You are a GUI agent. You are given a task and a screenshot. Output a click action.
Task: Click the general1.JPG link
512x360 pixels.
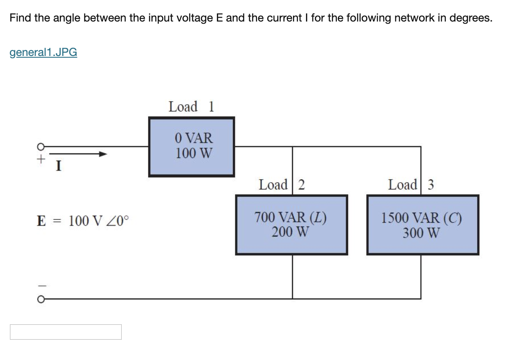pos(43,53)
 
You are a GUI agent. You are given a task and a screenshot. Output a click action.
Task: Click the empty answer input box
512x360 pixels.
pos(65,332)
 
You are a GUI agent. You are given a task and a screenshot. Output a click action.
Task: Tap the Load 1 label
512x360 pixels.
pos(191,106)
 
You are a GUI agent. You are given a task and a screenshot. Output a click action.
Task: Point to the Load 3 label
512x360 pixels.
pos(411,185)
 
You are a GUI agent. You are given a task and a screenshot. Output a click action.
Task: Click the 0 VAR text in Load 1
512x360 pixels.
pos(194,138)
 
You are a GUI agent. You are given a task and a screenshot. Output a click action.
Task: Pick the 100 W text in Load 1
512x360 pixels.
pos(194,153)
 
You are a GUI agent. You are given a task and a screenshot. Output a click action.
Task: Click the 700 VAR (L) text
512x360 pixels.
pos(290,217)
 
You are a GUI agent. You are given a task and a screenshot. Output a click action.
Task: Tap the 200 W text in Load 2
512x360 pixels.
pos(290,232)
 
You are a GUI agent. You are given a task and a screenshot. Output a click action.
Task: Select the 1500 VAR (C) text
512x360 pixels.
pos(422,218)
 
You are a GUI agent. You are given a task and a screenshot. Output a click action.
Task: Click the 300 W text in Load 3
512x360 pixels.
pos(422,233)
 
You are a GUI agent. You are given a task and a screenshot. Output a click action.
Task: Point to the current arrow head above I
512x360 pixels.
pos(102,154)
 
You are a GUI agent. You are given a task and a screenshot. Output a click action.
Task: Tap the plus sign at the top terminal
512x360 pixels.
pos(40,159)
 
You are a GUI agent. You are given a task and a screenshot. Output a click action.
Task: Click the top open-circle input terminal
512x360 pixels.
pos(40,146)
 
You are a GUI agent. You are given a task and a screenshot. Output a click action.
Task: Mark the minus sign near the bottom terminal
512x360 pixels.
pos(40,285)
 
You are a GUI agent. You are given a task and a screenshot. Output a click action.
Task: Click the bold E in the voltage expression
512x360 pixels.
pos(41,221)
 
